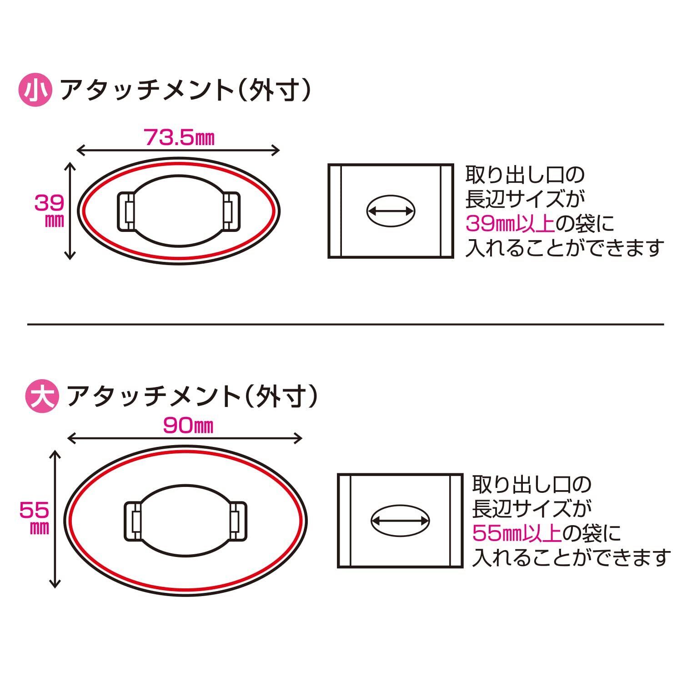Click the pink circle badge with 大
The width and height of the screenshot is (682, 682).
tap(41, 397)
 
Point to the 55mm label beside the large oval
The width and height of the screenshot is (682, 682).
tap(35, 518)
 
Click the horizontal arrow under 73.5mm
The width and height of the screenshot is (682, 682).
tap(178, 150)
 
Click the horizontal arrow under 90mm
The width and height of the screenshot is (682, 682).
tap(185, 438)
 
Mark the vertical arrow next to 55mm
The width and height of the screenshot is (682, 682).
tap(55, 519)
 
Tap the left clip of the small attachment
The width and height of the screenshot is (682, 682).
tap(125, 211)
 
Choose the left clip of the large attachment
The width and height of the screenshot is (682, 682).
tap(132, 521)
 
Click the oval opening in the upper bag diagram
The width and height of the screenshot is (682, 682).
tap(391, 211)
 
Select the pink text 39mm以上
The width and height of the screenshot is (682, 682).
tap(510, 224)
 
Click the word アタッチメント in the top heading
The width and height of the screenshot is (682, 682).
tap(146, 90)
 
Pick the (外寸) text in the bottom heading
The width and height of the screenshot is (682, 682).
tap(281, 397)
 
